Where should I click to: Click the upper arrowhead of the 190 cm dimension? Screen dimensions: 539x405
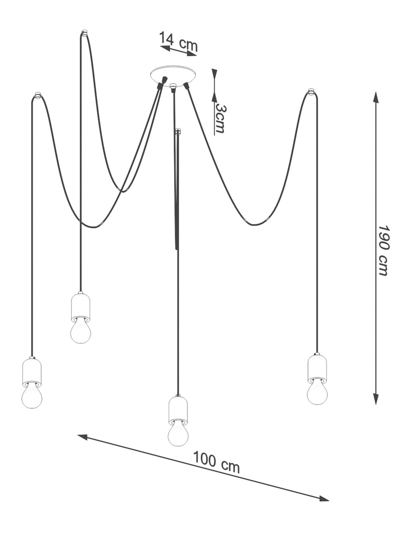coord(375,96)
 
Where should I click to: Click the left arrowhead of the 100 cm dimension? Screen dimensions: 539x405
coord(83,437)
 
